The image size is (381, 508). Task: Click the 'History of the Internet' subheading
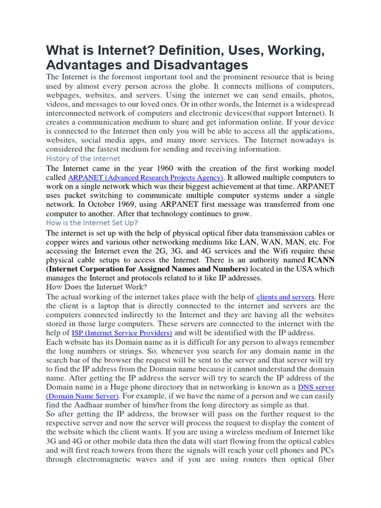83,159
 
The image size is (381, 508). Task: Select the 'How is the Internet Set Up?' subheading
92,223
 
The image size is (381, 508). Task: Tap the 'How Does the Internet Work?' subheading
96,287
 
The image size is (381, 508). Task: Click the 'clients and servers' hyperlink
285,297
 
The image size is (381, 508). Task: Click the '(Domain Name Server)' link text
83,396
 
